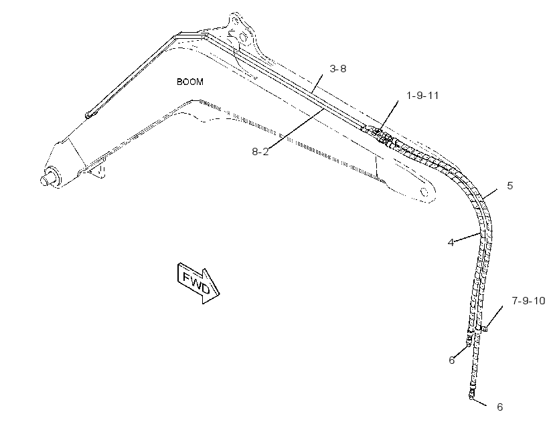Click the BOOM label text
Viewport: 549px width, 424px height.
click(x=189, y=82)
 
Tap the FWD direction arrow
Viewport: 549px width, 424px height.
click(x=198, y=283)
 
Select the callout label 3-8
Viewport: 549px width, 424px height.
click(x=338, y=69)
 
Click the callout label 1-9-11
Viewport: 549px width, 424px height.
click(x=422, y=96)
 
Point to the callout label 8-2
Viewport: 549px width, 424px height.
click(x=260, y=152)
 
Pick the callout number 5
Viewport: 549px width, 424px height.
click(x=509, y=186)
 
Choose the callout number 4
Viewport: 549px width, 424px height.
click(x=451, y=243)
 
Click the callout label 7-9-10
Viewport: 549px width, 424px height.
click(x=529, y=300)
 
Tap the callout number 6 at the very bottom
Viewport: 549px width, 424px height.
click(x=500, y=407)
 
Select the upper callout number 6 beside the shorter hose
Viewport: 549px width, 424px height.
click(x=452, y=360)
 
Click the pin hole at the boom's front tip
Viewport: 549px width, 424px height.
click(x=424, y=192)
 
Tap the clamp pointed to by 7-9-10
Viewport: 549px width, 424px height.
click(x=484, y=328)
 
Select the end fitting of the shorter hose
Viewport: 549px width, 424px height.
click(x=469, y=338)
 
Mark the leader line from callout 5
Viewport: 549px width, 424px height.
click(x=489, y=194)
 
